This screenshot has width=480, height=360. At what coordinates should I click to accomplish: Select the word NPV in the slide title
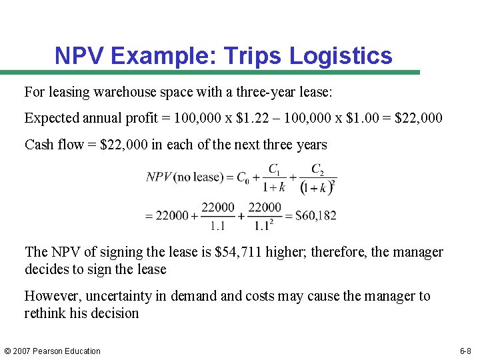click(x=79, y=56)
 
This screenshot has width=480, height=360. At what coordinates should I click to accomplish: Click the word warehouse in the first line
click(x=123, y=91)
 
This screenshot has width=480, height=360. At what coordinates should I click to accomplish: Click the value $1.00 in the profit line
click(x=363, y=119)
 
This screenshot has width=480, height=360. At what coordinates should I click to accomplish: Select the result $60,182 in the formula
click(x=315, y=215)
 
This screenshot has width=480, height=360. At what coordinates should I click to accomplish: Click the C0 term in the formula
click(x=243, y=178)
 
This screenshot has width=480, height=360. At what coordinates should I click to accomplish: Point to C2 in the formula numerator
click(x=318, y=168)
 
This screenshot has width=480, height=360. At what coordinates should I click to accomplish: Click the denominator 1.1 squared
click(x=263, y=226)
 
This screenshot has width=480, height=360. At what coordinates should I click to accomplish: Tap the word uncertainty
click(x=133, y=296)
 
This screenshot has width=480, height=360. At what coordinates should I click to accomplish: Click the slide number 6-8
click(x=465, y=351)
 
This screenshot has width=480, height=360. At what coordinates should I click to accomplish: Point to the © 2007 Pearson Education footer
click(x=53, y=351)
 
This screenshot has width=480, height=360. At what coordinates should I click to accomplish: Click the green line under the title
click(x=210, y=73)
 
